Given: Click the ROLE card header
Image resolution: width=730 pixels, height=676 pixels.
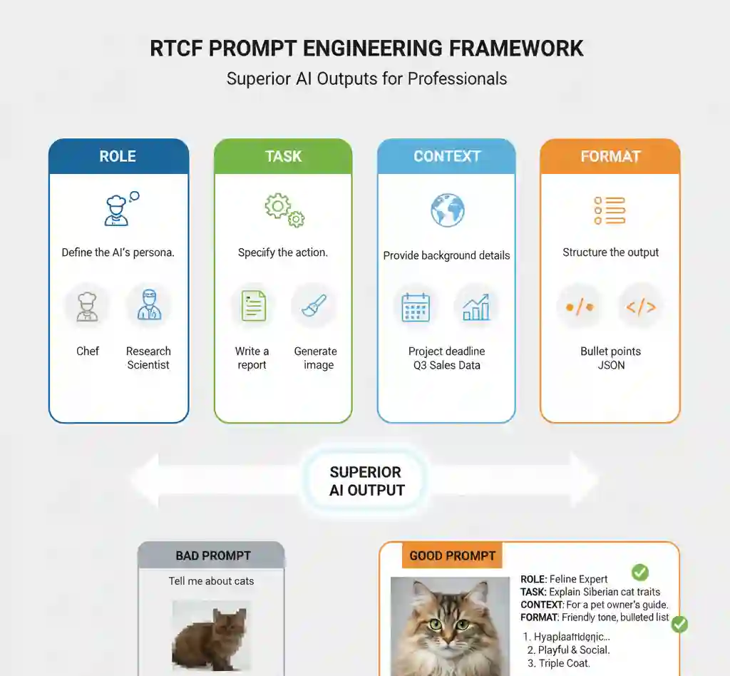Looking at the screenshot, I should pyautogui.click(x=118, y=156).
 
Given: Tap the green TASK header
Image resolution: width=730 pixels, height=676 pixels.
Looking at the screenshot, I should pyautogui.click(x=283, y=156).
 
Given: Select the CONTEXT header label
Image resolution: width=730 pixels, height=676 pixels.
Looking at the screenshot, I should pyautogui.click(x=446, y=156).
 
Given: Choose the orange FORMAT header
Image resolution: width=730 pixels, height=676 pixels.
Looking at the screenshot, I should pyautogui.click(x=610, y=156).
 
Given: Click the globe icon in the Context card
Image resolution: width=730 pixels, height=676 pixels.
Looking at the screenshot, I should pyautogui.click(x=447, y=210).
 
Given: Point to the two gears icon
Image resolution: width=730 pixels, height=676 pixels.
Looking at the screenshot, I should pyautogui.click(x=284, y=210).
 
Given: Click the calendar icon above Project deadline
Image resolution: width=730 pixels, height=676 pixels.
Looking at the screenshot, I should pyautogui.click(x=416, y=307).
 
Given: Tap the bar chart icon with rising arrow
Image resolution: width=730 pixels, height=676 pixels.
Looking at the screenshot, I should pyautogui.click(x=476, y=307).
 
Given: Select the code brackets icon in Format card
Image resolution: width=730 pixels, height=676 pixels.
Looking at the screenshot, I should pyautogui.click(x=640, y=307).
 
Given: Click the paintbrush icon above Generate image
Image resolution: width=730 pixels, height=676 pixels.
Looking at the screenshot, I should pyautogui.click(x=314, y=306).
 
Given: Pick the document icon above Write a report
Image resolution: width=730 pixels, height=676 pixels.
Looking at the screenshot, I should pyautogui.click(x=253, y=306).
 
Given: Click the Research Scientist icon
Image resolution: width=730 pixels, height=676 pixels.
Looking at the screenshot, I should pyautogui.click(x=148, y=305).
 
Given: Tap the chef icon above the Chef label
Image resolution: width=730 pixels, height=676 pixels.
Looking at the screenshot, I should pyautogui.click(x=88, y=305).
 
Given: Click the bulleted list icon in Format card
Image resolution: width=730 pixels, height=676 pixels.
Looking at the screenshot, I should pyautogui.click(x=610, y=210).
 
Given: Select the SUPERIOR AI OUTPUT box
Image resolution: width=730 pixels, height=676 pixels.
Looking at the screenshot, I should pyautogui.click(x=366, y=481).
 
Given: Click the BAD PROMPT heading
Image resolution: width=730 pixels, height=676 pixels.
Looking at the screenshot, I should pyautogui.click(x=212, y=555).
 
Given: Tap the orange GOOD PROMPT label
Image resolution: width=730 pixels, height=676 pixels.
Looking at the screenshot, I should pyautogui.click(x=452, y=555).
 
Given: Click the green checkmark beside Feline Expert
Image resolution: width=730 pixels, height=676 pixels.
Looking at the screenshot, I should pyautogui.click(x=639, y=572).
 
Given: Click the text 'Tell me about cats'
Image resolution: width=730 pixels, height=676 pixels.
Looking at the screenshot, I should pyautogui.click(x=211, y=580).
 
